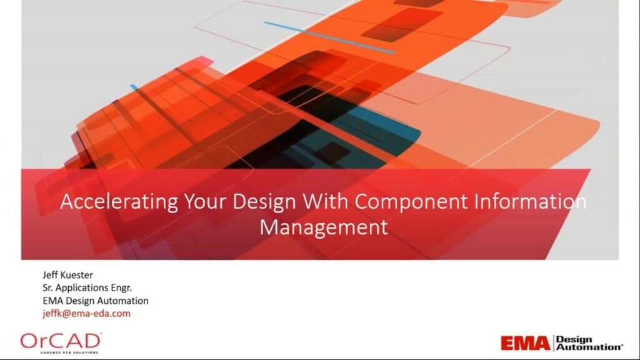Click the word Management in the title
tap(323, 226)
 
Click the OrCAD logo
tap(60, 341)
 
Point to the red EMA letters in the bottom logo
tap(525, 343)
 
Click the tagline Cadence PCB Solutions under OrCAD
tap(60, 352)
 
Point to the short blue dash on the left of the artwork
tap(133, 87)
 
